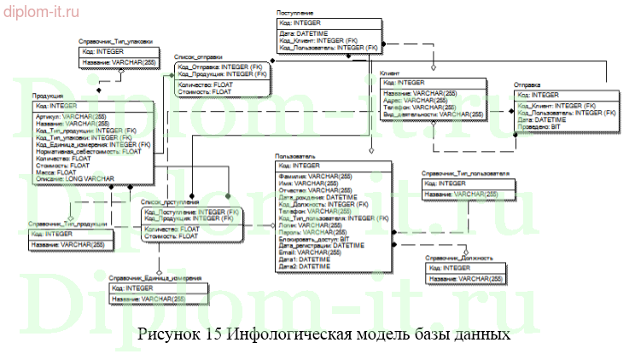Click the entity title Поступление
coord(294,13)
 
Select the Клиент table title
coord(390,74)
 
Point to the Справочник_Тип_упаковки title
coord(115,40)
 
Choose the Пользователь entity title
coord(296,156)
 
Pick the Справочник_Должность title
coord(460,258)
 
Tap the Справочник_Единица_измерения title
coord(154,278)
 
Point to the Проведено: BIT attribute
coord(539,128)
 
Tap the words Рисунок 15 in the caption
coord(178,334)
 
